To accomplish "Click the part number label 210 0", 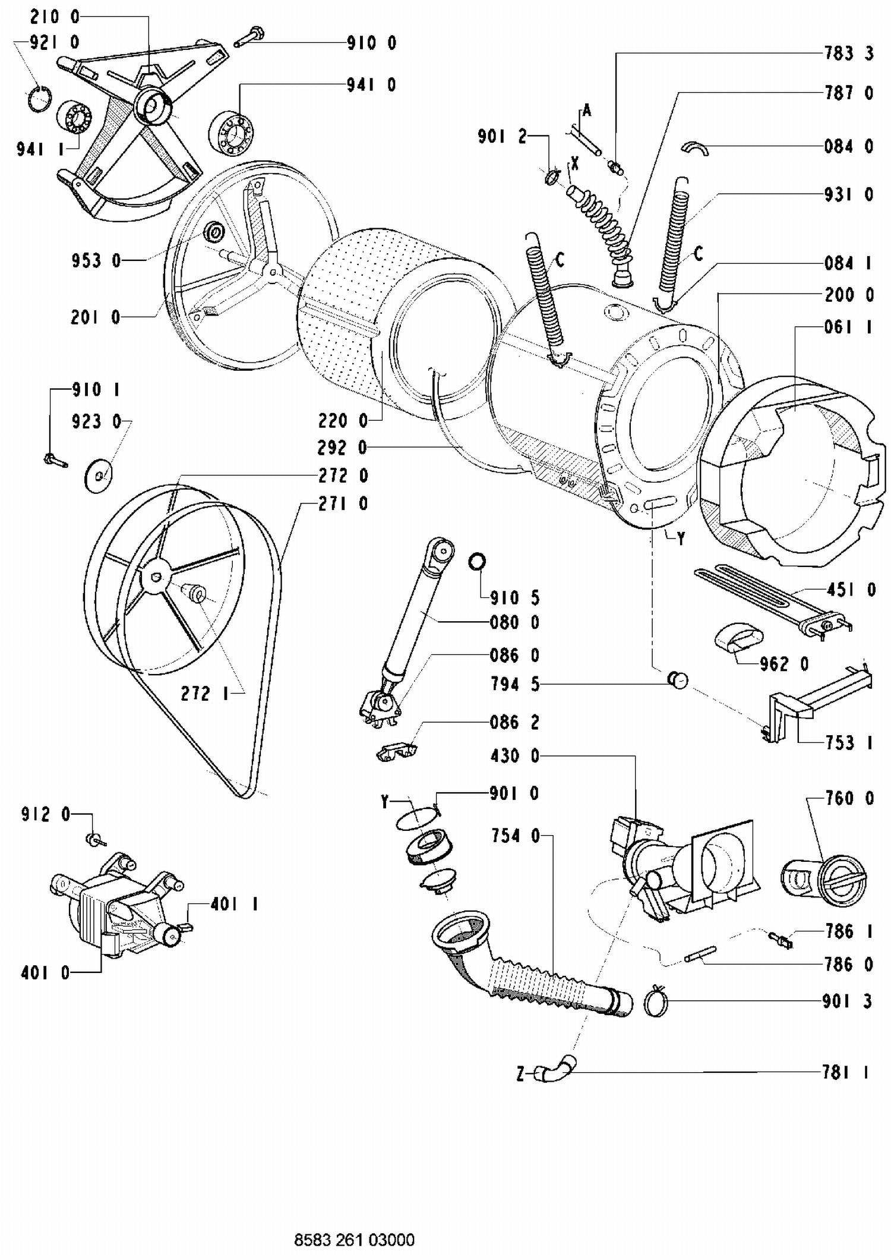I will [x=54, y=17].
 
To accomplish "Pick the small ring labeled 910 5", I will [x=477, y=561].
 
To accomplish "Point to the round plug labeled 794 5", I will [x=678, y=679].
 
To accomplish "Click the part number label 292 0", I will [x=343, y=448].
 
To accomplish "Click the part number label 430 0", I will [x=514, y=756].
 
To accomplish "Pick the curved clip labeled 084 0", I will [x=694, y=147].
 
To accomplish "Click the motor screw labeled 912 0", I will [x=96, y=839].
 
